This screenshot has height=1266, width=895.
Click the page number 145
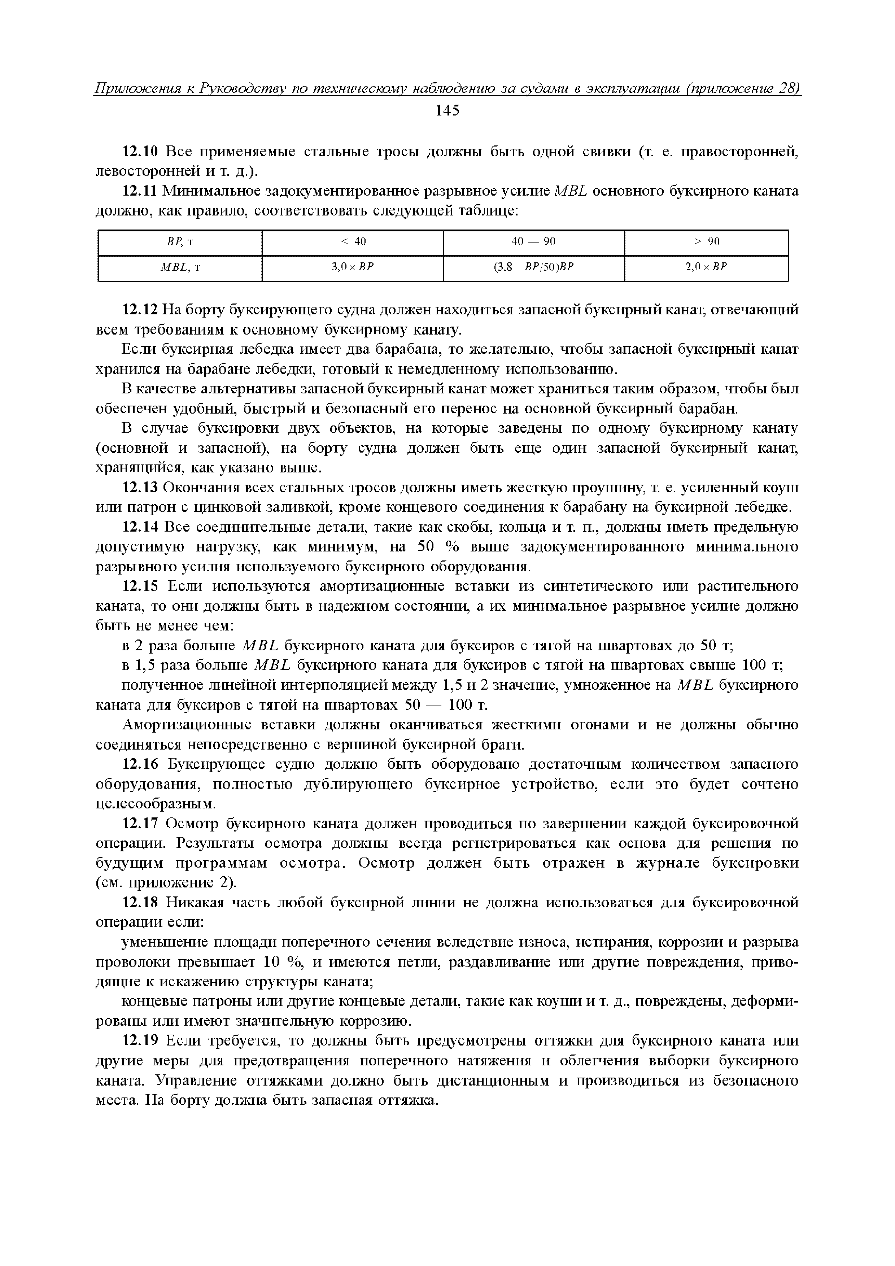click(447, 111)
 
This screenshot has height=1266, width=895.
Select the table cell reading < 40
click(353, 241)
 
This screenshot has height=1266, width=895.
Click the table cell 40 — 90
click(533, 241)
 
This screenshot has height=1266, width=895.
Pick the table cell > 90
click(706, 241)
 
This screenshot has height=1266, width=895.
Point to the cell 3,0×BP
click(353, 267)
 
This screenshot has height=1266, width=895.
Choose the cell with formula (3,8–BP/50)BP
click(533, 267)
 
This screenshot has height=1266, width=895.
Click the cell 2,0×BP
click(706, 267)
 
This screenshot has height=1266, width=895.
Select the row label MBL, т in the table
click(180, 267)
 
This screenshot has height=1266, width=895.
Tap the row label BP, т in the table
click(180, 241)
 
